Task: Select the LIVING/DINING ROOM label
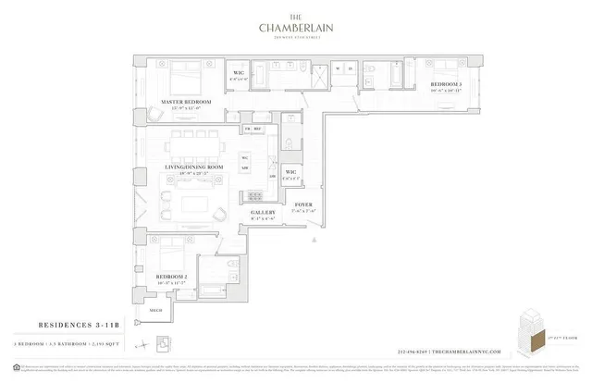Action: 191,167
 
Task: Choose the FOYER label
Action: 302,204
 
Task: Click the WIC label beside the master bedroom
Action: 238,73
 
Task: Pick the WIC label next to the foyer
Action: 290,172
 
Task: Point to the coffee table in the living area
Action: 197,203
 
